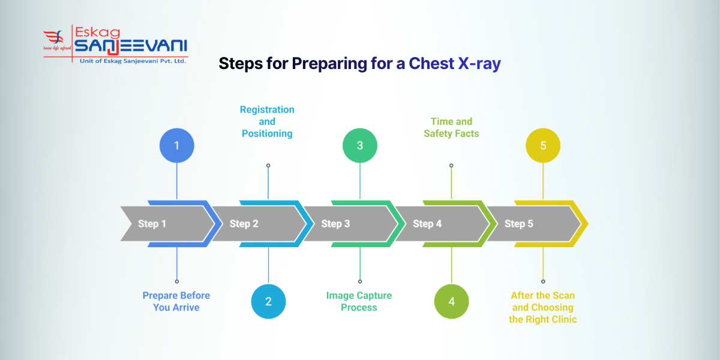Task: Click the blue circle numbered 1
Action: (x=176, y=146)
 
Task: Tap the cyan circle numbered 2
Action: (x=268, y=301)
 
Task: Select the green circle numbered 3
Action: (x=360, y=146)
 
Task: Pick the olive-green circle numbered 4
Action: (x=451, y=301)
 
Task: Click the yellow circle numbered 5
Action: (x=543, y=146)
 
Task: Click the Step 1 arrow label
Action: (x=152, y=224)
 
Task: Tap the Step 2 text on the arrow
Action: (x=244, y=224)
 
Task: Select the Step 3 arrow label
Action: (x=335, y=224)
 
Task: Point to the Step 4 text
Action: (x=427, y=224)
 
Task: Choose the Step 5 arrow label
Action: (x=518, y=224)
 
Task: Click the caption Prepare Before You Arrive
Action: (x=176, y=301)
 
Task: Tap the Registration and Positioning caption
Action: (x=267, y=121)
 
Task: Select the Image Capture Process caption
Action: (x=359, y=301)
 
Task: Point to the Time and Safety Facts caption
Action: (x=451, y=127)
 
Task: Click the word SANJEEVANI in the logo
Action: (x=131, y=46)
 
